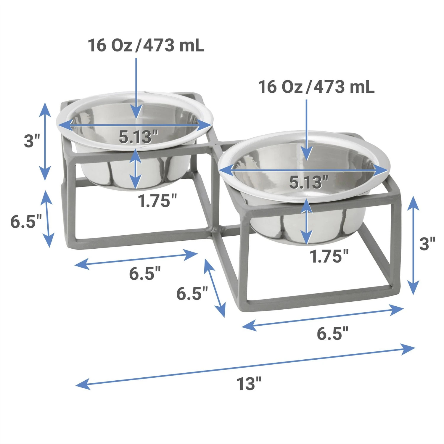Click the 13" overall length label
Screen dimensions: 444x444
click(249, 384)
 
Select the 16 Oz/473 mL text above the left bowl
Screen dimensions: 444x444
click(146, 46)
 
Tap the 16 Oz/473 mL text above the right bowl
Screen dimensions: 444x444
click(316, 87)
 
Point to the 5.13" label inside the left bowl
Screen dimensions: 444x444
click(138, 137)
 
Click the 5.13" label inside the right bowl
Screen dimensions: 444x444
click(309, 182)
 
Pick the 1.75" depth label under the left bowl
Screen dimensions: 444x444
click(157, 201)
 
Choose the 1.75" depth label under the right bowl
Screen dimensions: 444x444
click(329, 256)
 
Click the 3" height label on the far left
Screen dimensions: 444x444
click(32, 141)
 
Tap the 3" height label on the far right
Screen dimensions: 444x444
click(427, 244)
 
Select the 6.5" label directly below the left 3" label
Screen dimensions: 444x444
click(26, 221)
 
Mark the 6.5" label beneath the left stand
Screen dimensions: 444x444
click(145, 273)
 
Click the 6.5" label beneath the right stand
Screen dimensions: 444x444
click(332, 334)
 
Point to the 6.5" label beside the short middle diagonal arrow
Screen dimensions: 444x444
click(192, 294)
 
